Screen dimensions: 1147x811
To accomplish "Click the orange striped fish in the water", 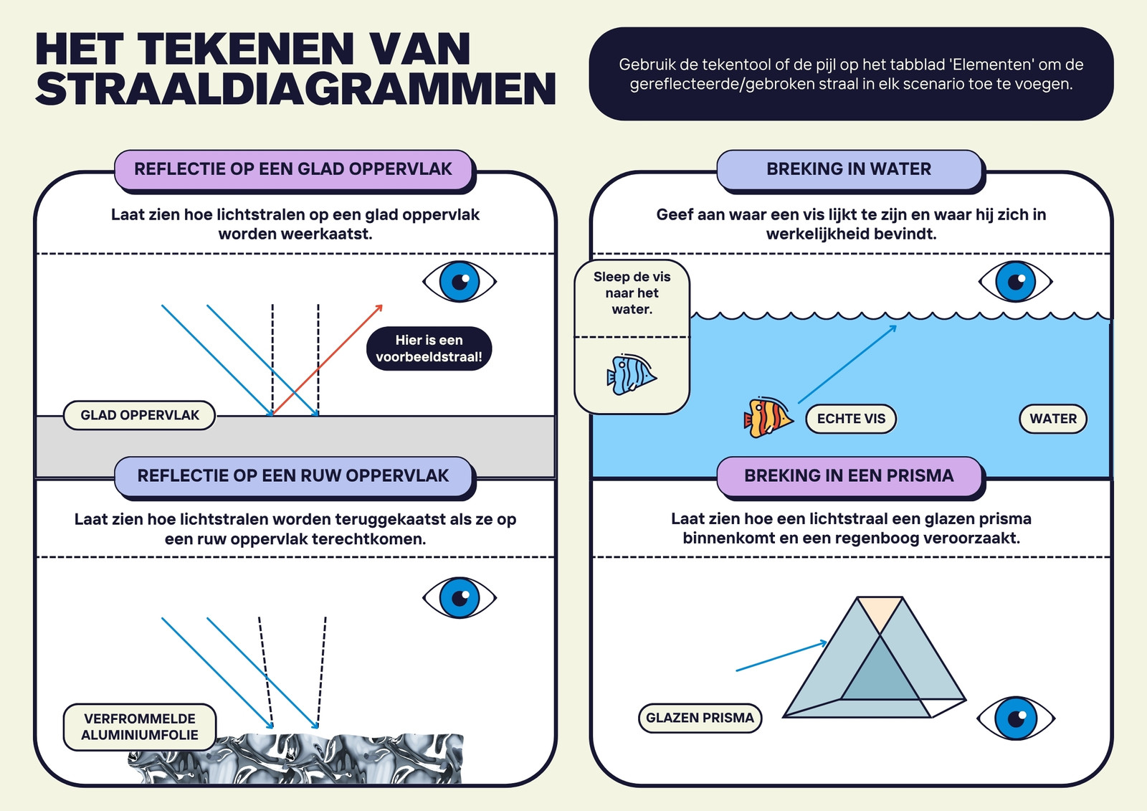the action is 768,417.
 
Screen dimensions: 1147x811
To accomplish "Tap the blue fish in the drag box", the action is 632,374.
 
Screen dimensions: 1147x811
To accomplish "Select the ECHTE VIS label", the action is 851,419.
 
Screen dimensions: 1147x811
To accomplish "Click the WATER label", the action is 1053,419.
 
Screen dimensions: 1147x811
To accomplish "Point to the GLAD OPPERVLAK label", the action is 139,415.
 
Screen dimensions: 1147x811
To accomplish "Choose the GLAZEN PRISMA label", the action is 700,718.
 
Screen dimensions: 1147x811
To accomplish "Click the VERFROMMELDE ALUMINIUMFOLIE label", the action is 139,726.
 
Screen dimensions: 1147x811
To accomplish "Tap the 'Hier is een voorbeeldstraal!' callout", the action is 429,348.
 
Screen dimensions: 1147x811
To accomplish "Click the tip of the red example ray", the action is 383,305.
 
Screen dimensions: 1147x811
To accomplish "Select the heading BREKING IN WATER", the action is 849,169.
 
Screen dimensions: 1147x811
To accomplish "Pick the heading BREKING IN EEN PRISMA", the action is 849,475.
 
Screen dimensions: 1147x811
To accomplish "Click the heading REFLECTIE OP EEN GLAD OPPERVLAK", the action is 293,169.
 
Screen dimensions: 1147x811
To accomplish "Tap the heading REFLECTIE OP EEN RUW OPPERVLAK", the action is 293,475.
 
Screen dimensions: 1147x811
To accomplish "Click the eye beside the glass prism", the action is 1016,718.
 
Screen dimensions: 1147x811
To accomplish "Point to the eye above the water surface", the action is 1015,281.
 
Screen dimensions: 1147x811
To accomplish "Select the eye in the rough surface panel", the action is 460,598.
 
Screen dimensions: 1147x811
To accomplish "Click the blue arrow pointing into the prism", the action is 781,656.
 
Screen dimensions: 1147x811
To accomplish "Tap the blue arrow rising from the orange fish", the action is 847,364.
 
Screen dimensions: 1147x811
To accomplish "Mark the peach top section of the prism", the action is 880,613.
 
